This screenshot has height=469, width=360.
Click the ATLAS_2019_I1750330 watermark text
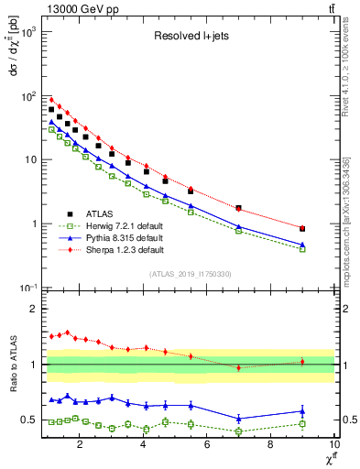click(x=190, y=274)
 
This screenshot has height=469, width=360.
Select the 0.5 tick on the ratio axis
click(x=29, y=420)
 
